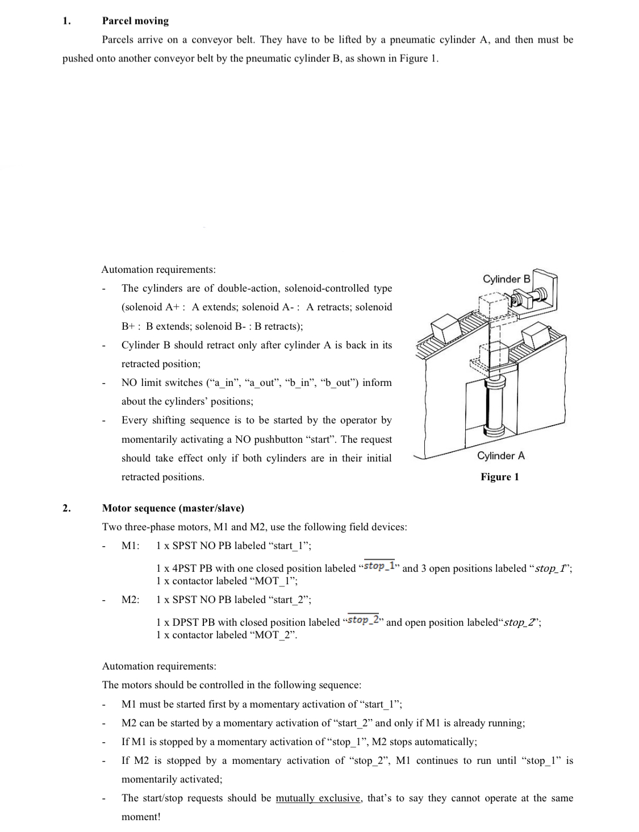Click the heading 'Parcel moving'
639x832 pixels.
point(135,21)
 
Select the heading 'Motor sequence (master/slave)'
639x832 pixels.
point(173,507)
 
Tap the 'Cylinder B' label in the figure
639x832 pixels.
point(506,279)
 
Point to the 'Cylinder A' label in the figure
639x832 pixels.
point(500,456)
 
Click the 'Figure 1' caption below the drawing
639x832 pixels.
point(499,477)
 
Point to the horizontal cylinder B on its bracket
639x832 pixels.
point(529,296)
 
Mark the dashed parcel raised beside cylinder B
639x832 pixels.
point(491,305)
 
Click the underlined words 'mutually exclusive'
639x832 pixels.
point(318,798)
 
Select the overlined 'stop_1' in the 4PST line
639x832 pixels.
point(379,566)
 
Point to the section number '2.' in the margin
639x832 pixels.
point(66,507)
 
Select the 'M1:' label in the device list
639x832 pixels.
point(131,546)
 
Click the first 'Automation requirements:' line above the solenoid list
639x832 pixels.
point(158,269)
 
